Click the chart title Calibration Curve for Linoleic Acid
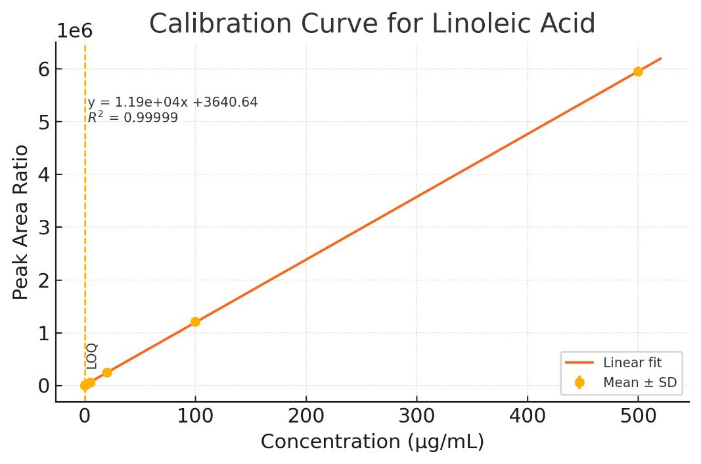click(372, 24)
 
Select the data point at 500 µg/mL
click(638, 71)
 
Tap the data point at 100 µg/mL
click(195, 322)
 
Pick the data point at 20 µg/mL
click(107, 373)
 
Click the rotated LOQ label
click(92, 356)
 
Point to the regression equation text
click(173, 103)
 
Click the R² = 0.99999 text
click(133, 118)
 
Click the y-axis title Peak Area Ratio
click(21, 222)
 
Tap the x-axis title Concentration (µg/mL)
click(372, 442)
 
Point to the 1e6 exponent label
click(74, 31)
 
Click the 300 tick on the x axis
click(417, 416)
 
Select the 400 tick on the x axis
click(528, 416)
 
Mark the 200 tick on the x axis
click(306, 416)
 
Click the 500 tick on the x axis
click(638, 416)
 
